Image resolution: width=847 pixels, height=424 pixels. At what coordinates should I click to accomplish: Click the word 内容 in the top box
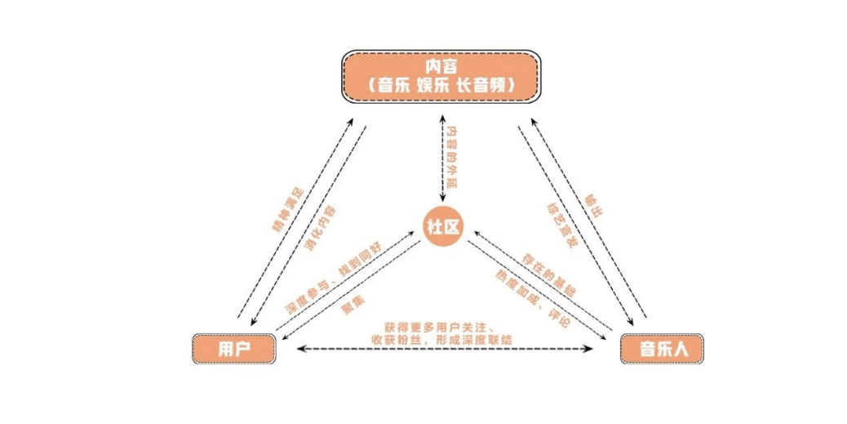442,65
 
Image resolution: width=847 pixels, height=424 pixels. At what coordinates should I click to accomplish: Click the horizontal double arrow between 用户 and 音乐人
444,350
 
